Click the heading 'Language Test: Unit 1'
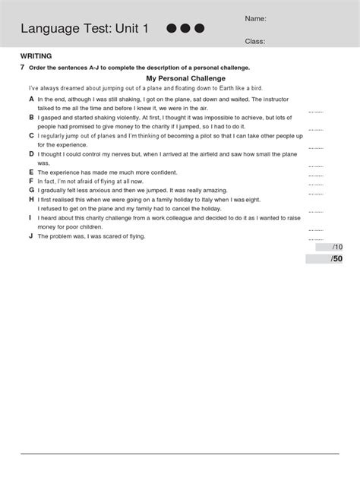tap(84, 29)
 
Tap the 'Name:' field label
tap(255, 18)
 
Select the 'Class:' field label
tap(254, 42)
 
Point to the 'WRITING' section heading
tap(35, 56)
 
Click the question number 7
tap(22, 68)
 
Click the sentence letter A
tap(31, 99)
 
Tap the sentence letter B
tap(31, 118)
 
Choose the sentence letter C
tap(31, 135)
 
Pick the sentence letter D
tap(31, 153)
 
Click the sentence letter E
tap(31, 172)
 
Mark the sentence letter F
tap(31, 182)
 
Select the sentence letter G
tap(31, 190)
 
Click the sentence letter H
tap(31, 199)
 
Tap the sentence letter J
tap(31, 236)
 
